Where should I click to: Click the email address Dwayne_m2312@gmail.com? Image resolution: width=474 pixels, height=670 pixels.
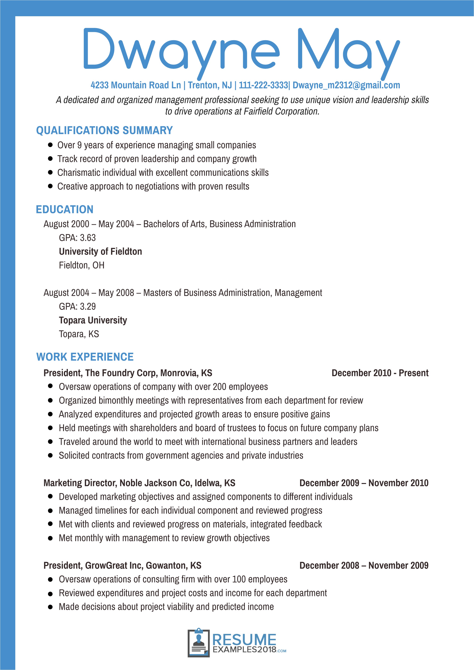pyautogui.click(x=346, y=85)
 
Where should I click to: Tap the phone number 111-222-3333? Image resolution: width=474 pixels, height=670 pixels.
pyautogui.click(x=263, y=85)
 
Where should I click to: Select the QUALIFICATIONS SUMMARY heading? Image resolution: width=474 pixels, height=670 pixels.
pyautogui.click(x=104, y=130)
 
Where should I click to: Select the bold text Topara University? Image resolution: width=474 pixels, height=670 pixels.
pyautogui.click(x=93, y=320)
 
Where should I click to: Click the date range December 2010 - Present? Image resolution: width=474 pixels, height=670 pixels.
pyautogui.click(x=380, y=373)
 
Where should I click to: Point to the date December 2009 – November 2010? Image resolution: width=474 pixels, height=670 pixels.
pyautogui.click(x=364, y=483)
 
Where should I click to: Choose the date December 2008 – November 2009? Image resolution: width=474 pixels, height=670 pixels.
pyautogui.click(x=364, y=566)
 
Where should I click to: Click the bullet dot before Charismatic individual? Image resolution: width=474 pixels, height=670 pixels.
pyautogui.click(x=50, y=172)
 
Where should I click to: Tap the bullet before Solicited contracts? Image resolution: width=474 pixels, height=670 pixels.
pyautogui.click(x=50, y=456)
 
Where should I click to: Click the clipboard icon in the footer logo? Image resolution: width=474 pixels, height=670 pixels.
pyautogui.click(x=199, y=643)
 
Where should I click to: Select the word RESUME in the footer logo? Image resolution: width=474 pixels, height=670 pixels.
pyautogui.click(x=244, y=640)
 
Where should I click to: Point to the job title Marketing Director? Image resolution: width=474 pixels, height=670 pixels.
pyautogui.click(x=80, y=483)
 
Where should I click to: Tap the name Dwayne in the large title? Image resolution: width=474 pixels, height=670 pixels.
pyautogui.click(x=181, y=50)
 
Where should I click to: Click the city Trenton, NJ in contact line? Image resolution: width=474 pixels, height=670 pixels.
pyautogui.click(x=210, y=85)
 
